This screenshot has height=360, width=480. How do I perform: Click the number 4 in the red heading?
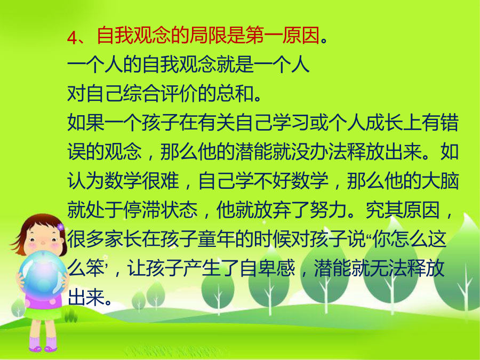point(71,37)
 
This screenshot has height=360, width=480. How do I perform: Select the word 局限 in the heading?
point(208,36)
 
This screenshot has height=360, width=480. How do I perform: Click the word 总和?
point(235,93)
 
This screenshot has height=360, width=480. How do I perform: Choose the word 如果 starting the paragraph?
point(86,123)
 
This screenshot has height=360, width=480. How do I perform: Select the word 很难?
point(161,180)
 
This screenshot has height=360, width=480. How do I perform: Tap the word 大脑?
point(440,180)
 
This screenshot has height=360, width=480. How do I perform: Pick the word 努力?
point(329,210)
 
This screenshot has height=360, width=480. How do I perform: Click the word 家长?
point(123,238)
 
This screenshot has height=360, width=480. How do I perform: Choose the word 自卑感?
point(268,268)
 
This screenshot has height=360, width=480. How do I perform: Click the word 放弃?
point(273,210)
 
